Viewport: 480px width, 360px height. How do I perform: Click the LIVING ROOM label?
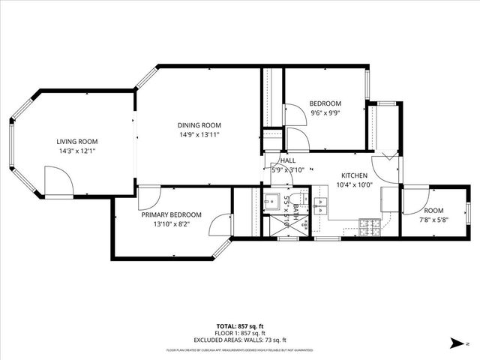77,141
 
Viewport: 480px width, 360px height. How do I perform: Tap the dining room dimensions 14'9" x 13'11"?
199,135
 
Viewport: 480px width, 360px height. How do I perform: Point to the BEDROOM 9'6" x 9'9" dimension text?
325,113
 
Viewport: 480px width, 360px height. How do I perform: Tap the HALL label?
288,160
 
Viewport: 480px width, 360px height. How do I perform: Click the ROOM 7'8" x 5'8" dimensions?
433,220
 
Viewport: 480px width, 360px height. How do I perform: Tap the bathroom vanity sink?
271,202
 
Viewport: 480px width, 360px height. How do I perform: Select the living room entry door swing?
56,179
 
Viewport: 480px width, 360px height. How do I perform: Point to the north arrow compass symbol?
455,343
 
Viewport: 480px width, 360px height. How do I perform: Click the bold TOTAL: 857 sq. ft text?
239,326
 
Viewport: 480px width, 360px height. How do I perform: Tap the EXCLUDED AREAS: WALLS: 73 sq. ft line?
239,339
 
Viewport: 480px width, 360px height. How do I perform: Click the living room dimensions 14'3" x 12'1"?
77,151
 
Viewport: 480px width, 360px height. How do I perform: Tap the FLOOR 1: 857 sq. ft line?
239,333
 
